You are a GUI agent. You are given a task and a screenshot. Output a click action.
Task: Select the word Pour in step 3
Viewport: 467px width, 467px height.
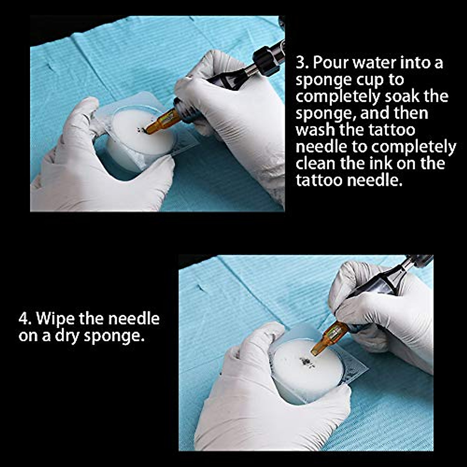pos(329,63)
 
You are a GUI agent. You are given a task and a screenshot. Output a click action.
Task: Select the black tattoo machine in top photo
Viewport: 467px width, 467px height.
pos(241,74)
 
